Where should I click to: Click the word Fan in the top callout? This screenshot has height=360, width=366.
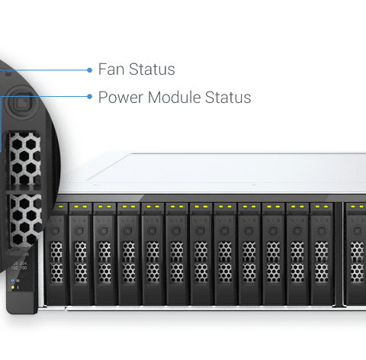pos(111,69)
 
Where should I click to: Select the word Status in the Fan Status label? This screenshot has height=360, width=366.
pos(152,69)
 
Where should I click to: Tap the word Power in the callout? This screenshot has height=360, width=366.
pos(120,98)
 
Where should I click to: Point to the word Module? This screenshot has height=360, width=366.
pos(175,97)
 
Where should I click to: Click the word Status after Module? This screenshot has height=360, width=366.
pos(228,97)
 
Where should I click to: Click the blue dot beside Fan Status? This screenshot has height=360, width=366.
pos(89,70)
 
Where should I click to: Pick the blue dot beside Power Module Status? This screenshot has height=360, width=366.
pos(89,97)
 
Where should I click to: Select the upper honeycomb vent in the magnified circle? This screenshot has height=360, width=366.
pos(25,158)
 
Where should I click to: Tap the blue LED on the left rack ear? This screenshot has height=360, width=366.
pos(13,281)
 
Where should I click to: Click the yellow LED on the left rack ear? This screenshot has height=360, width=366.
pos(13,288)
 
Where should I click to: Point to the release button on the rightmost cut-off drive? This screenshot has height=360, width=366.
pos(358,231)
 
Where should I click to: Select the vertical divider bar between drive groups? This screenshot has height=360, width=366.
pos(339,254)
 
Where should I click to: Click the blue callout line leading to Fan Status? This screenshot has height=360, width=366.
pos(43,70)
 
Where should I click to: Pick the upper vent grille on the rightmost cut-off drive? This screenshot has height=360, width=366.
pos(358,252)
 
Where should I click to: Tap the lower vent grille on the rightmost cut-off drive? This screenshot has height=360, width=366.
pos(358,273)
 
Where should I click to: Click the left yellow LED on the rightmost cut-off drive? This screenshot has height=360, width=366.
pos(353,207)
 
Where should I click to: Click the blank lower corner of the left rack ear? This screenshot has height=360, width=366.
pos(21,303)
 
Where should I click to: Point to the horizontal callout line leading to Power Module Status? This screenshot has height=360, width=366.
pos(43,96)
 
